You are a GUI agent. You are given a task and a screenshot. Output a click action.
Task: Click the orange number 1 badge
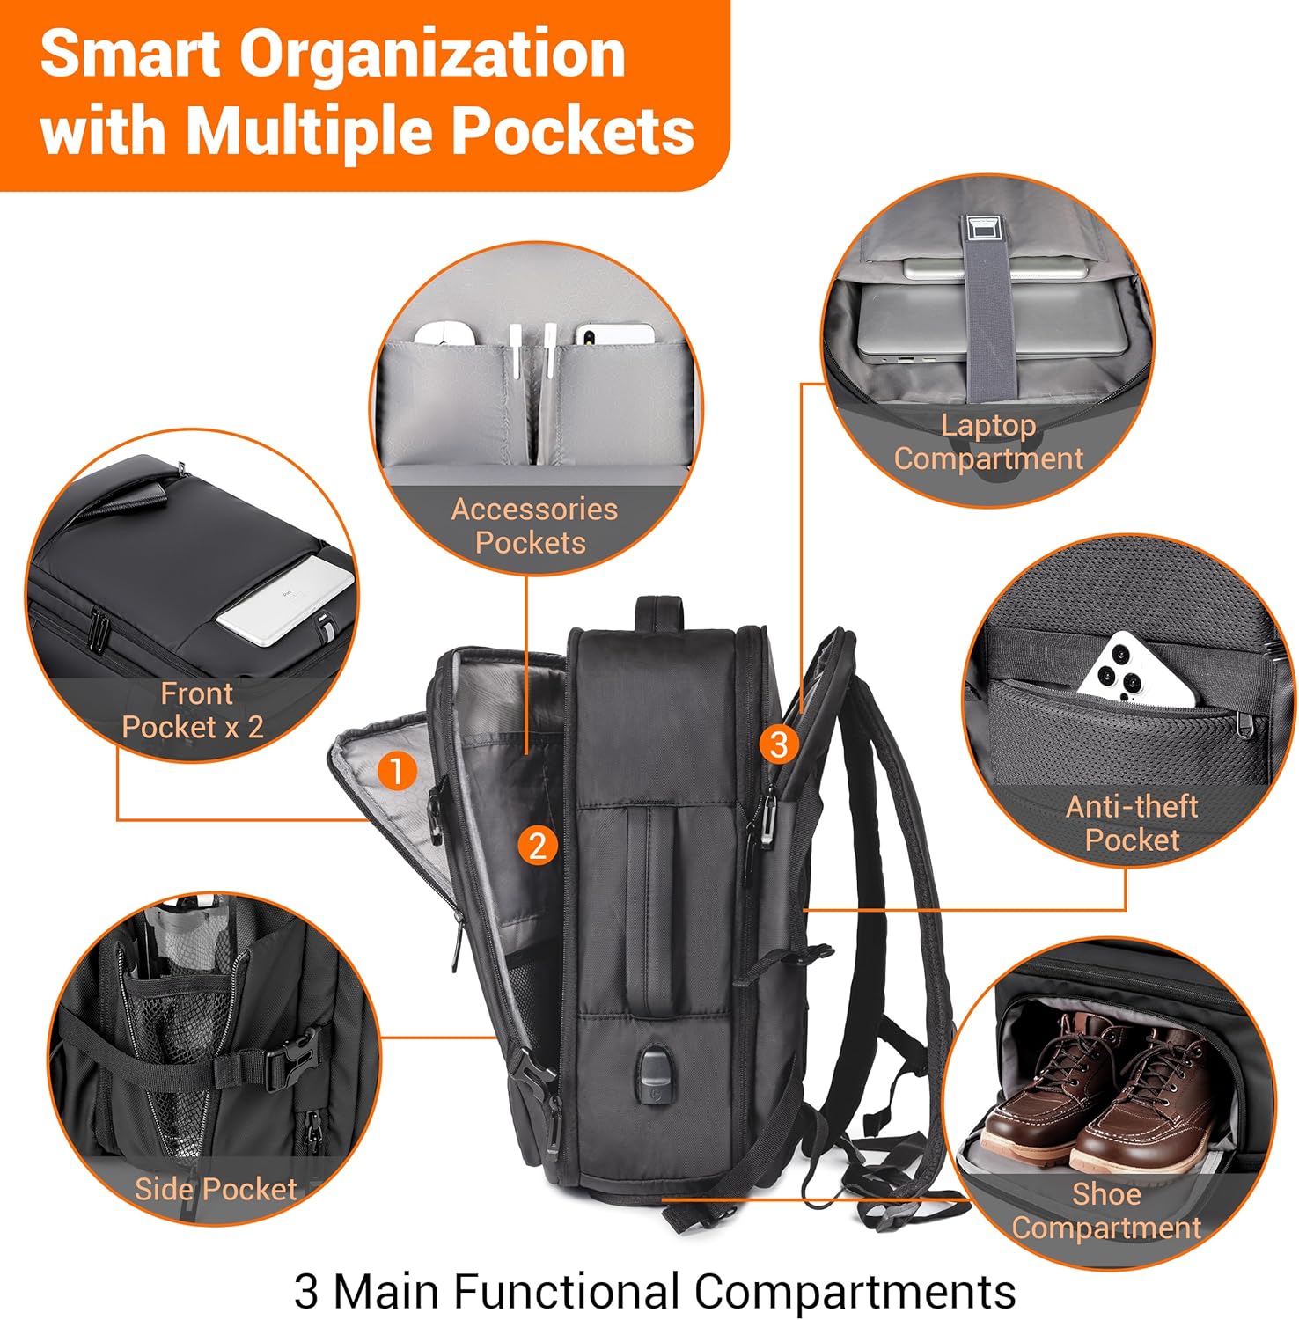click(x=396, y=771)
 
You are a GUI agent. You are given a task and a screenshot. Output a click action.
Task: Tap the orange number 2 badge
click(x=538, y=846)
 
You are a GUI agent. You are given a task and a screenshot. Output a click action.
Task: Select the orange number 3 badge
click(x=778, y=744)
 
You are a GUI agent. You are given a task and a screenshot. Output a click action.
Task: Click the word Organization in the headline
click(x=432, y=55)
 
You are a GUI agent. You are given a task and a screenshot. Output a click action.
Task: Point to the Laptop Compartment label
click(x=988, y=442)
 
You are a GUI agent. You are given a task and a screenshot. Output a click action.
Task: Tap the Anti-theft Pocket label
click(x=1132, y=823)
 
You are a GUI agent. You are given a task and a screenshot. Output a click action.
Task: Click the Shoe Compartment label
click(x=1106, y=1211)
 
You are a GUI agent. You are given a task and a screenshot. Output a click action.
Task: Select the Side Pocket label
click(x=216, y=1189)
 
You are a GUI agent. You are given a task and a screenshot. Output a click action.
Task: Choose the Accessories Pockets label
click(x=533, y=525)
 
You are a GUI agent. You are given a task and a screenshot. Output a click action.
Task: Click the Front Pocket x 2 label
click(x=194, y=710)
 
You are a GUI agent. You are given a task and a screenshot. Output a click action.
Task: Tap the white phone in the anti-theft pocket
click(x=1137, y=669)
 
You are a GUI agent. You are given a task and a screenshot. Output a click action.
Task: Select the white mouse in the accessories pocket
click(x=445, y=334)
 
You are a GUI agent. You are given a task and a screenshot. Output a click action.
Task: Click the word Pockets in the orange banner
click(x=573, y=130)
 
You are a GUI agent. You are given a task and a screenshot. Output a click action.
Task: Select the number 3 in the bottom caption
click(x=306, y=1292)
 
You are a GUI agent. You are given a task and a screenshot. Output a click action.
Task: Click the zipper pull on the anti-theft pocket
click(x=1244, y=723)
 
